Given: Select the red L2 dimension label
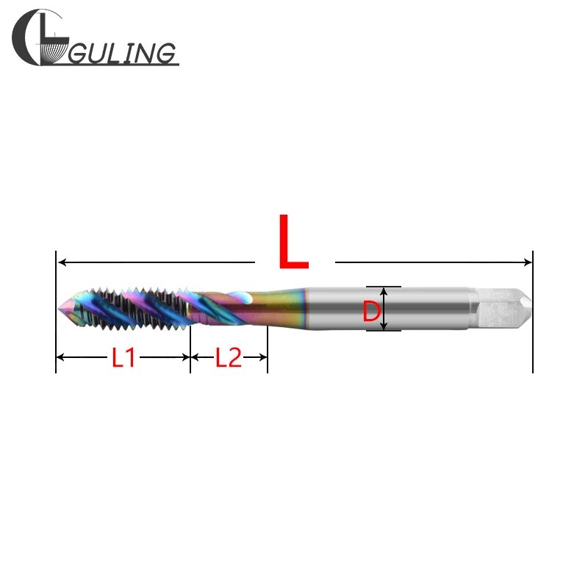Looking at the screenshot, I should click(229, 358).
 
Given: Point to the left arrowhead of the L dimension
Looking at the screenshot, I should click(62, 262).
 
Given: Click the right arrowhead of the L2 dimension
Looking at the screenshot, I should click(262, 358).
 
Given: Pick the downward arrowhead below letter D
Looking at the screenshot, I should click(383, 325).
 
